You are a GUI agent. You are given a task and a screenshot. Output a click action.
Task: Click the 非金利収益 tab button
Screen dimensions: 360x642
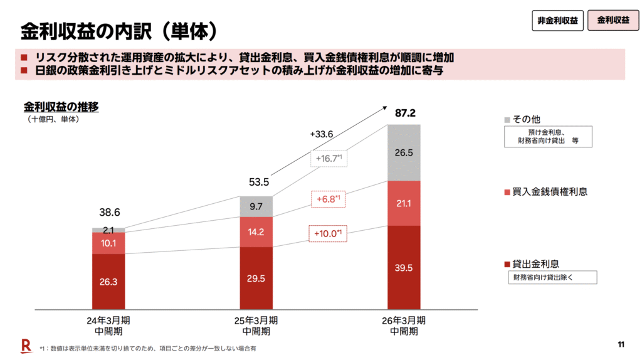557,20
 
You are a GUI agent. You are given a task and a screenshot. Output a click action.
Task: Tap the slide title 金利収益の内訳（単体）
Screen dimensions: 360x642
119,29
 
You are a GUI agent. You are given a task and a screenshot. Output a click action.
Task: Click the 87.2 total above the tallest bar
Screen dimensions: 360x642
405,114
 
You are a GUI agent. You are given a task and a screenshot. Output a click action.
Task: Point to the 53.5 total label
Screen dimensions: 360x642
258,183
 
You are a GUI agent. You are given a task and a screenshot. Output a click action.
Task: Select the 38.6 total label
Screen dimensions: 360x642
110,213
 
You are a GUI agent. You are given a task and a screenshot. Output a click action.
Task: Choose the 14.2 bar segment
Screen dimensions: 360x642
256,231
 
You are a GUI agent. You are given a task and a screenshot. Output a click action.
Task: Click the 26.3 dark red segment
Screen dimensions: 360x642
108,282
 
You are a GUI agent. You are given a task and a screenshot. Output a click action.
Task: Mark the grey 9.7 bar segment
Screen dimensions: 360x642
256,206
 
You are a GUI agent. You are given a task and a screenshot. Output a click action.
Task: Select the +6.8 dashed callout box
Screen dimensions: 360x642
328,199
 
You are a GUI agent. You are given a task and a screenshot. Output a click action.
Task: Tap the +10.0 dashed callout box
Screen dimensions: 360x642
328,233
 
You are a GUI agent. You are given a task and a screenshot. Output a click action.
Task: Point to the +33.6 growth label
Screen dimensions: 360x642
321,134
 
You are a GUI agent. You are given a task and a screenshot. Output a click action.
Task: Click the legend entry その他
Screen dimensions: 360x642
525,119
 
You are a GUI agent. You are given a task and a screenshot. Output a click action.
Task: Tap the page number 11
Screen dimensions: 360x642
621,344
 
